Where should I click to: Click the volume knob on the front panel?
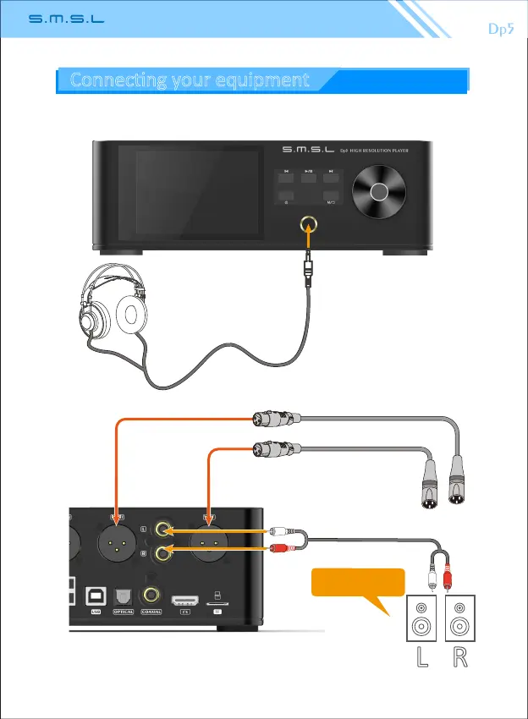pyautogui.click(x=378, y=191)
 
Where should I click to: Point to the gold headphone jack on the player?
pyautogui.click(x=307, y=224)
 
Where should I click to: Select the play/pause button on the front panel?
pyautogui.click(x=308, y=176)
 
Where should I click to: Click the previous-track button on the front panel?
pyautogui.click(x=286, y=176)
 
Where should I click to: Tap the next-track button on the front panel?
pyautogui.click(x=331, y=176)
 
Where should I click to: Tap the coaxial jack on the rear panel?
pyautogui.click(x=152, y=595)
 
